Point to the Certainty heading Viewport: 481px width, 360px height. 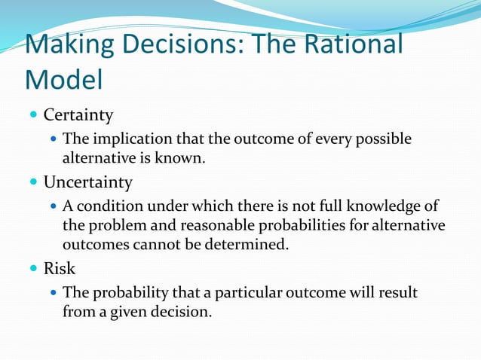click(x=78, y=115)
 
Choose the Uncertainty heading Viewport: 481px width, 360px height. click(x=87, y=182)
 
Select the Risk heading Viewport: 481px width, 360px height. click(x=60, y=269)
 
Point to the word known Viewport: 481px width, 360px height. click(x=185, y=157)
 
